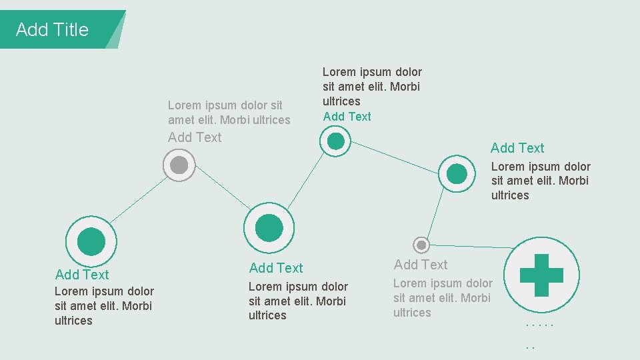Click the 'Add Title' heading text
point(52,30)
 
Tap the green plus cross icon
point(541,275)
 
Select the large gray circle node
point(179,165)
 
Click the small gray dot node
point(421,245)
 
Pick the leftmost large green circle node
point(91,241)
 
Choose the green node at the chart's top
point(335,141)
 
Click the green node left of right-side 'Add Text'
point(457,173)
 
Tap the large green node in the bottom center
point(269,227)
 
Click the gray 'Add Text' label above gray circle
point(195,137)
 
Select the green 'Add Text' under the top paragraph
point(347,117)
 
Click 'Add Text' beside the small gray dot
point(421,265)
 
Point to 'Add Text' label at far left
point(82,275)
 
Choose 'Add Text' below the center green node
point(276,268)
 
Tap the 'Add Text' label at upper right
point(517,148)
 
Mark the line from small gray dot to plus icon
point(467,247)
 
